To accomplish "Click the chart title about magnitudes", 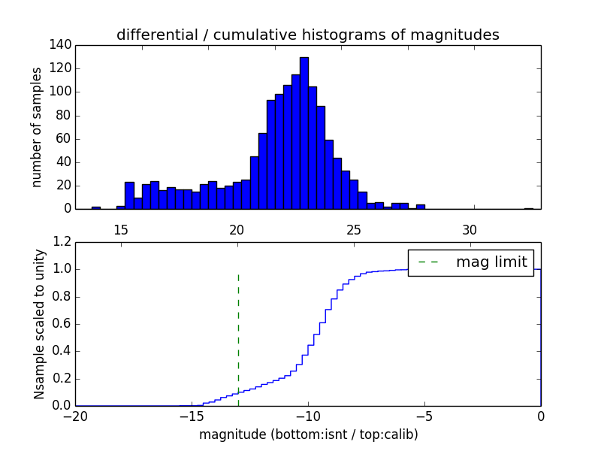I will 308,35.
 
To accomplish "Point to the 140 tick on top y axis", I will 62,45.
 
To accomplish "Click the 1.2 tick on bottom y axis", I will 62,242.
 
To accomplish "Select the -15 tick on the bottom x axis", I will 192,416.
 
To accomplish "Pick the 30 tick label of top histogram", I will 470,229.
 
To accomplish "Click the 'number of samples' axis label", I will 37,127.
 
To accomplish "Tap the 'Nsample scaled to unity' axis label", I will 39,324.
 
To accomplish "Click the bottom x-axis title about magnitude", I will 308,434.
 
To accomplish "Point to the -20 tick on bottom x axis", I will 75,416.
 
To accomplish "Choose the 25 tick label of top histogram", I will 353,229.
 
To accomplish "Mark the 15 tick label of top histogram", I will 120,229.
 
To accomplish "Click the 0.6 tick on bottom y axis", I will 62,324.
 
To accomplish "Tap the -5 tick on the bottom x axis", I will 424,416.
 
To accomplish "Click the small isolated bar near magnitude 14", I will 96,207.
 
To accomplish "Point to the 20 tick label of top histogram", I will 237,229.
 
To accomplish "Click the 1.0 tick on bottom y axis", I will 62,269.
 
